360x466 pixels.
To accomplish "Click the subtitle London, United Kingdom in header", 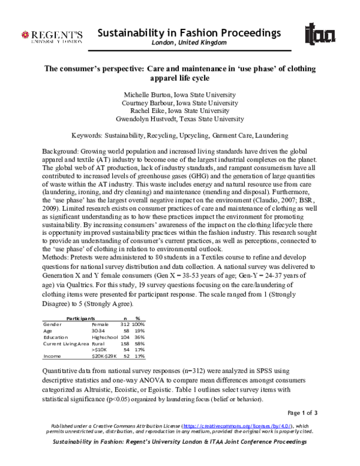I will [188, 43].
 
